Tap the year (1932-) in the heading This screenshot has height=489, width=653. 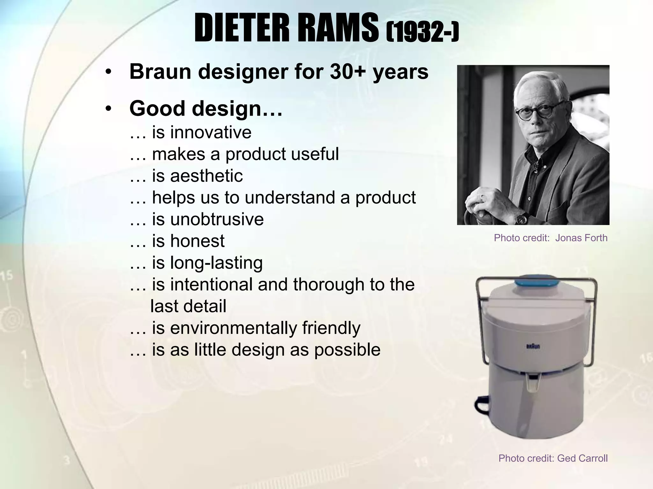tap(422, 33)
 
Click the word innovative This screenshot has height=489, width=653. tap(211, 132)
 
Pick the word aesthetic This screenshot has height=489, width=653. tap(206, 176)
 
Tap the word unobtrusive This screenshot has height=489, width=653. tap(217, 219)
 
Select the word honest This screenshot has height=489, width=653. tap(197, 241)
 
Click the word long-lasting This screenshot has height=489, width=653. tap(216, 263)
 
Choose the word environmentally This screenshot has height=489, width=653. tap(233, 328)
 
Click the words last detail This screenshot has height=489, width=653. tap(188, 306)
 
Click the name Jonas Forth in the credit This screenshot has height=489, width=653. tap(581, 238)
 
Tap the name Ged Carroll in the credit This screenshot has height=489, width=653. tap(582, 458)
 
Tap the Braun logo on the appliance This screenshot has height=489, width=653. tap(533, 346)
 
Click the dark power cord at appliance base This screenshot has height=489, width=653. tap(482, 406)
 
